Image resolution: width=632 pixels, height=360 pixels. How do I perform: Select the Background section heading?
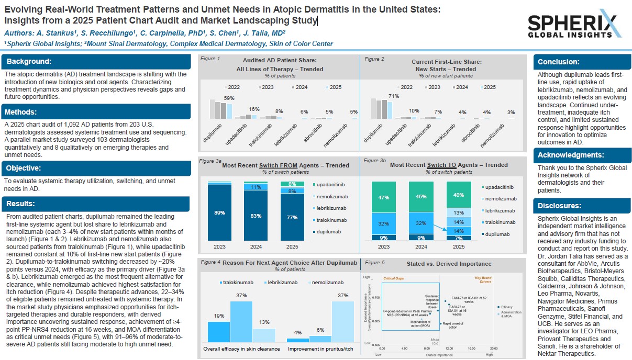(29, 61)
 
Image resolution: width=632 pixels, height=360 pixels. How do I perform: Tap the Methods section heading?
(21, 111)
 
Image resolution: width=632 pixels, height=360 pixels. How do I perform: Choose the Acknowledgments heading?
(571, 155)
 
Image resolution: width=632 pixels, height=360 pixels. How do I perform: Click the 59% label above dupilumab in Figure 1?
(229, 98)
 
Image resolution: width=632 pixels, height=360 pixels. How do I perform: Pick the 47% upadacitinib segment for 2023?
(384, 197)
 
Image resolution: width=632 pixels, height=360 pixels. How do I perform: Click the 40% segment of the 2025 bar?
(458, 195)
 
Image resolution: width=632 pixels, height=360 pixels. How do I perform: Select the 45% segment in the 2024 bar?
(420, 197)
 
